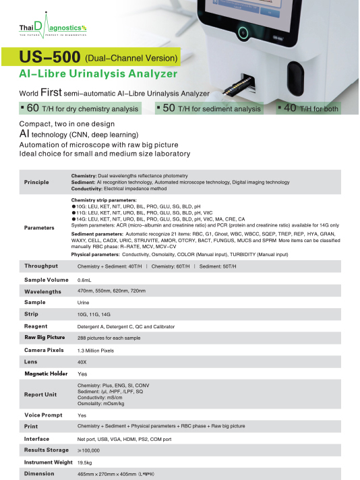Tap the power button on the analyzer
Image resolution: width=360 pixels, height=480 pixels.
tap(242, 30)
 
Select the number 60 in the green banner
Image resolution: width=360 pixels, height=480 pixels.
tap(32, 108)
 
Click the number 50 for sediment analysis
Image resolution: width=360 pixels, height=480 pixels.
tap(169, 108)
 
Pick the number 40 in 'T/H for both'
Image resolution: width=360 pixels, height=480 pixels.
tap(290, 108)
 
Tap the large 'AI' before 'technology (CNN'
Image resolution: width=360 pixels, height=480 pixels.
tap(26, 134)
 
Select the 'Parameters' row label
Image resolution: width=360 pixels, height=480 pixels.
tap(39, 228)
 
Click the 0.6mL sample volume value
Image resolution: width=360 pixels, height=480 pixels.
tap(84, 280)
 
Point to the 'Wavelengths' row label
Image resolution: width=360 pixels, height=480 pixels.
tap(42, 292)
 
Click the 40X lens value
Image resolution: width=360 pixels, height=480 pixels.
tap(83, 361)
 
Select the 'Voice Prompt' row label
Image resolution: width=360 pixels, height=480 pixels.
tap(43, 415)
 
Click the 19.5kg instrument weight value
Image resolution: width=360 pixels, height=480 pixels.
tap(85, 462)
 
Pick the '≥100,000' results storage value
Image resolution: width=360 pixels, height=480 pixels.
tap(89, 450)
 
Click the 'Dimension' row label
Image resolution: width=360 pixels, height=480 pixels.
tap(39, 474)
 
